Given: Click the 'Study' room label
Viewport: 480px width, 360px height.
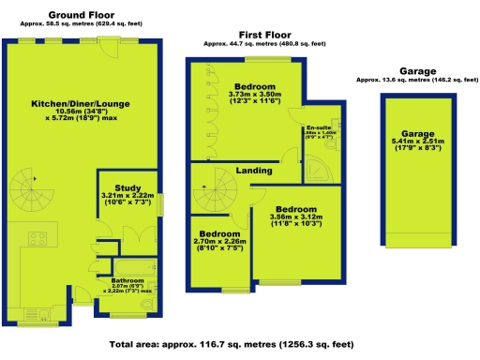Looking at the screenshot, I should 128,187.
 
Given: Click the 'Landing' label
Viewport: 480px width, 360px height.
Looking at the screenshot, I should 254,171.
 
